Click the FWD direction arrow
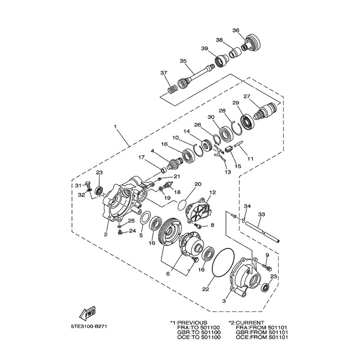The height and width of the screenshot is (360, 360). click(87, 314)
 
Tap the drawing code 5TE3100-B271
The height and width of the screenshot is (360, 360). click(89, 326)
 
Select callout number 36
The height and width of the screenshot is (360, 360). click(236, 30)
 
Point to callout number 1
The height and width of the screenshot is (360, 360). click(116, 126)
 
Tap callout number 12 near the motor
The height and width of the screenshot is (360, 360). click(212, 192)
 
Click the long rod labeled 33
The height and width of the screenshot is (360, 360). click(262, 232)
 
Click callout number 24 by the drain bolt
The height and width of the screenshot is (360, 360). click(132, 231)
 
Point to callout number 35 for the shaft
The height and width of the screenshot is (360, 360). click(183, 61)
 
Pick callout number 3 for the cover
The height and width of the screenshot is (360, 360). click(224, 301)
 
